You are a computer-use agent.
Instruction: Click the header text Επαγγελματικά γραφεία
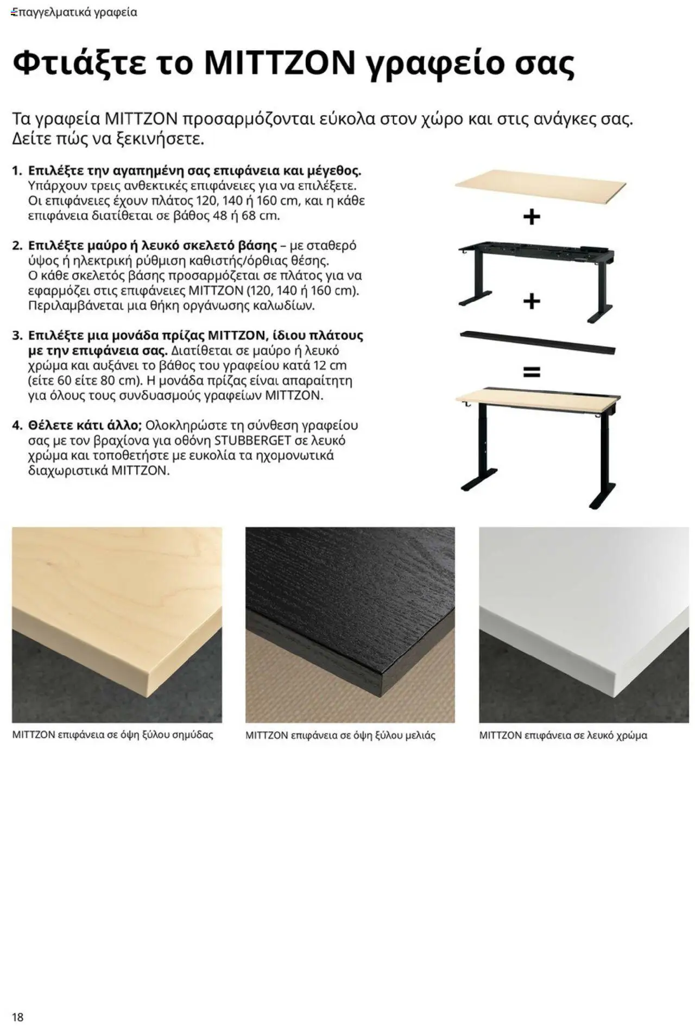74,12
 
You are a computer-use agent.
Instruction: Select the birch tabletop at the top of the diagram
540,185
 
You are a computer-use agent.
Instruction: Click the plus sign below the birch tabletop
532,217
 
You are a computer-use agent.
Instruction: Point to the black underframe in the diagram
536,277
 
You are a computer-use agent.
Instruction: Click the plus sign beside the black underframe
532,300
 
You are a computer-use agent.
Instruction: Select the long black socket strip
537,342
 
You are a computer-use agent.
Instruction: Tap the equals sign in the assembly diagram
531,372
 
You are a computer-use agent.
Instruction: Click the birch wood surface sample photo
117,624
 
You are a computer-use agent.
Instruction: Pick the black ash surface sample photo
350,624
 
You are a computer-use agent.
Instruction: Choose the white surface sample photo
583,624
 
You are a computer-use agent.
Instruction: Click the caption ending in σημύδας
112,735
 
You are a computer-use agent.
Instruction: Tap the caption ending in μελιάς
340,736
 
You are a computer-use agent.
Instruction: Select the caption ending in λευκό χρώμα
563,736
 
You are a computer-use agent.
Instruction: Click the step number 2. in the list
17,245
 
